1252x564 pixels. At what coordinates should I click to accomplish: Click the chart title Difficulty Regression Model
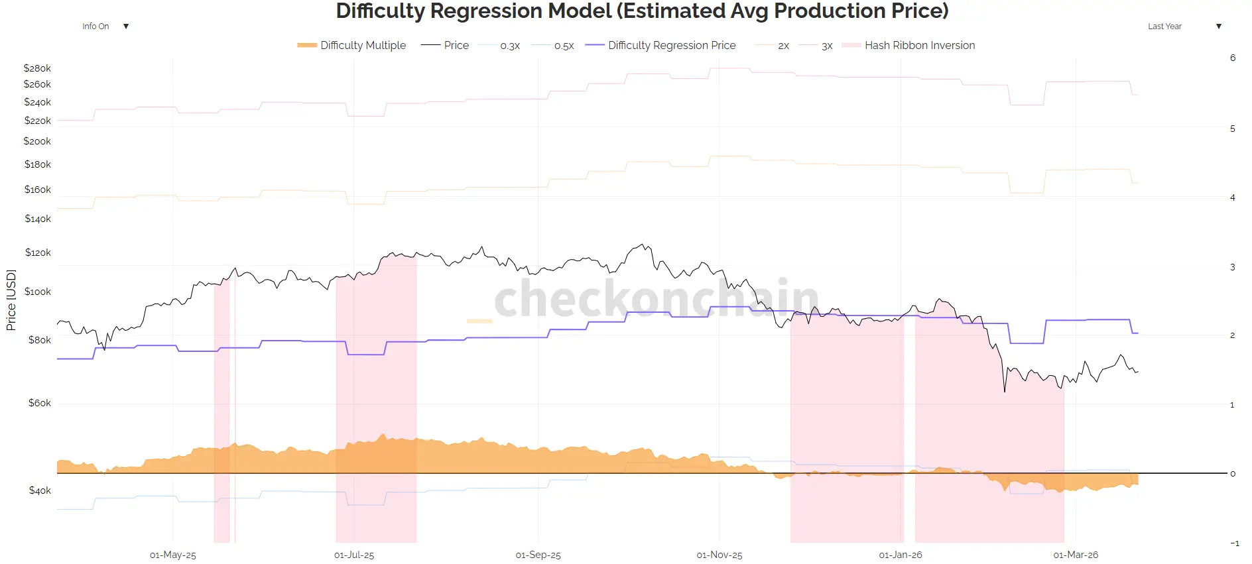pos(642,11)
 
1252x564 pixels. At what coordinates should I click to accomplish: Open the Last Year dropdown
pos(1184,27)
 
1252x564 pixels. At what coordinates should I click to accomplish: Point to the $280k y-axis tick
pos(37,68)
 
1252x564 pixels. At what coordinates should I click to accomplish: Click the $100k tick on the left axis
pos(37,292)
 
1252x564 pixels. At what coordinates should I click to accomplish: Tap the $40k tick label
pos(40,490)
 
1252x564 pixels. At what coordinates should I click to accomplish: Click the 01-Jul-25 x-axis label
pos(354,555)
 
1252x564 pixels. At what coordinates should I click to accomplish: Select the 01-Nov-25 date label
pos(720,555)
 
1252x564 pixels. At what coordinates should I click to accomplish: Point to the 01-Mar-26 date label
pos(1076,555)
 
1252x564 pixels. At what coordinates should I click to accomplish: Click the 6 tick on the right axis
pos(1233,58)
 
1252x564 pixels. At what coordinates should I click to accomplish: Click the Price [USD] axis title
pos(11,300)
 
